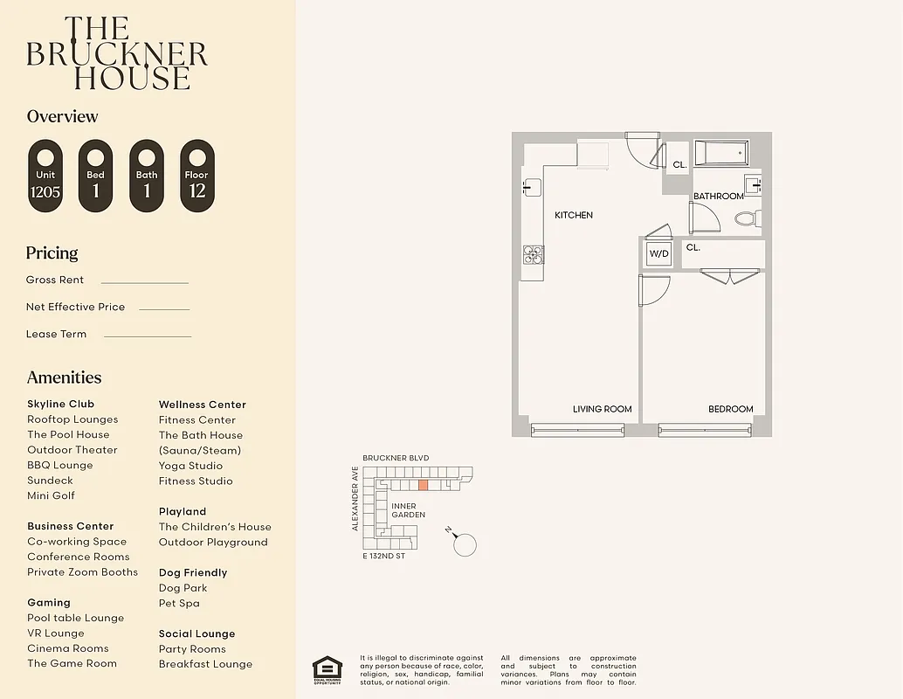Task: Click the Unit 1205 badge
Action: [45, 176]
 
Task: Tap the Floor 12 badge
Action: [197, 176]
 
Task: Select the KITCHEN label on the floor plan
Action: [574, 215]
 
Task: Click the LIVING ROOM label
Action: [602, 409]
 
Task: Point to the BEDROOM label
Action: [730, 409]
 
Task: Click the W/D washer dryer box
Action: [658, 253]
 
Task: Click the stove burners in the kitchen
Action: [533, 254]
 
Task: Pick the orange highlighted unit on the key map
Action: [423, 485]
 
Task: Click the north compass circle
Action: [466, 544]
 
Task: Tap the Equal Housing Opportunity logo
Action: [327, 669]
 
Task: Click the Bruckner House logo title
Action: [117, 54]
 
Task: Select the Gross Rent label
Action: [55, 280]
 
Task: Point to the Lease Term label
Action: [57, 334]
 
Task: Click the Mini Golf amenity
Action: [51, 495]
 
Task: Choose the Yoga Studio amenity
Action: [190, 466]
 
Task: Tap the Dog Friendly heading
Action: [193, 572]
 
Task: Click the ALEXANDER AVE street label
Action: [355, 498]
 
